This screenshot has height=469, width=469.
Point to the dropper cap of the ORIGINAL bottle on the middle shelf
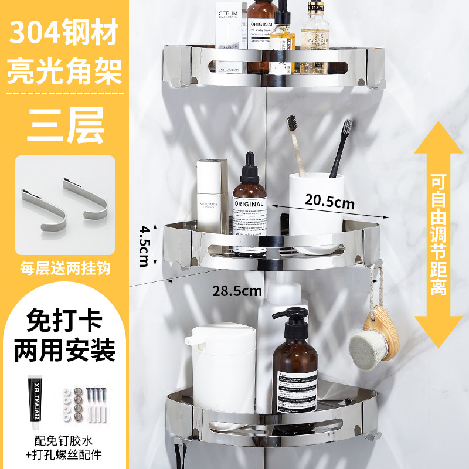pyautogui.click(x=249, y=167)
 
